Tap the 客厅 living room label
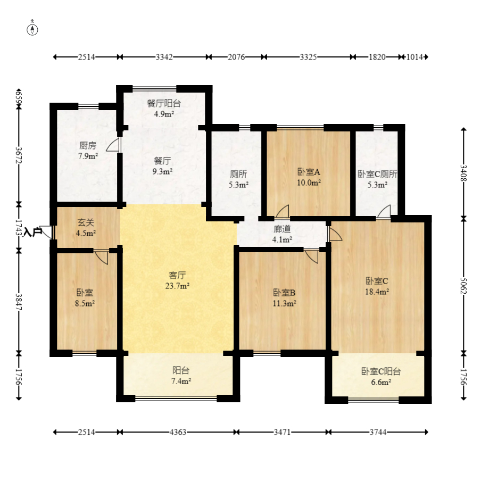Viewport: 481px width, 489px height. coord(177,275)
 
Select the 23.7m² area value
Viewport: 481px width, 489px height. coord(178,286)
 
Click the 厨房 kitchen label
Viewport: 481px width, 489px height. coord(88,145)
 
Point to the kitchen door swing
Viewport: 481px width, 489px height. coord(113,145)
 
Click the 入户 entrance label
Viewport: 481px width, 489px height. coord(33,232)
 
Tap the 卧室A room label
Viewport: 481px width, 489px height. coord(309,172)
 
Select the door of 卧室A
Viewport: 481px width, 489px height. coord(283,211)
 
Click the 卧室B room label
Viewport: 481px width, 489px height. coord(284,293)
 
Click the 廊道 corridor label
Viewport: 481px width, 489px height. coord(283,229)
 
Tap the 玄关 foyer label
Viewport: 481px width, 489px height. coord(86,222)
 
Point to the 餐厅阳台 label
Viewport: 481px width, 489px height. coord(164,103)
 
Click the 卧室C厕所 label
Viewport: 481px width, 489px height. coord(377,174)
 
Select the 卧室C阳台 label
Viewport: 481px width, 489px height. coord(381,371)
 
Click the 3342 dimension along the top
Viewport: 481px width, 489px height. coord(164,57)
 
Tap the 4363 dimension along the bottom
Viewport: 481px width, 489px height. coord(178,432)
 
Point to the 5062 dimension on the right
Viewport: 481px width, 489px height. coord(464,286)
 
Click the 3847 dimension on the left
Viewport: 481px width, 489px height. coord(19,302)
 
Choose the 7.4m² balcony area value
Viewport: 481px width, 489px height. coord(181,381)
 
